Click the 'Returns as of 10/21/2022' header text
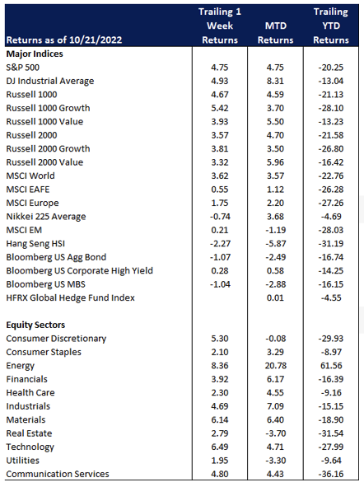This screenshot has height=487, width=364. pos(64,40)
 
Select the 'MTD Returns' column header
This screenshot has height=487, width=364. pos(276,33)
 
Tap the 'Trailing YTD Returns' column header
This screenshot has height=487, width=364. pos(331,26)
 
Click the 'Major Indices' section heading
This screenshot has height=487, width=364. pos(35,54)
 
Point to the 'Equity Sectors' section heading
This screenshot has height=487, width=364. pos(35,325)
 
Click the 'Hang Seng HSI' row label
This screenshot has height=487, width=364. pos(35,244)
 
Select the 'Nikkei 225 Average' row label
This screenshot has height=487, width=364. pos(46,217)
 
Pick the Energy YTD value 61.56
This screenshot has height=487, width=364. pos(331,366)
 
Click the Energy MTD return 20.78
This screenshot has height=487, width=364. pos(276,366)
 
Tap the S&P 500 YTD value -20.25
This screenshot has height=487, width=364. pos(331,68)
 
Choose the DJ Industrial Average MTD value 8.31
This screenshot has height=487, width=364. pos(275,81)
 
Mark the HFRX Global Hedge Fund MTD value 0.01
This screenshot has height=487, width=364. pos(275,297)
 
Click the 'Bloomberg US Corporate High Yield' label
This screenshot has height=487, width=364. pos(79,271)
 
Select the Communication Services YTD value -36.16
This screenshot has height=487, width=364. pos(331,474)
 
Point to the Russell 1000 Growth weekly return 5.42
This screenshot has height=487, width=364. pos(220,108)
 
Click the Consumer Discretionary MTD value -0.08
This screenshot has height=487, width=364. pos(276,339)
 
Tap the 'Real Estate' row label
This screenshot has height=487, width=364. pos(29,433)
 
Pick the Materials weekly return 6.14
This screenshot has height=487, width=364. pos(220,420)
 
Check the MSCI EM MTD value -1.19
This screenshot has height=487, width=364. pos(276,230)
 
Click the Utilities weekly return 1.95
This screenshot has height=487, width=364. pos(220,461)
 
